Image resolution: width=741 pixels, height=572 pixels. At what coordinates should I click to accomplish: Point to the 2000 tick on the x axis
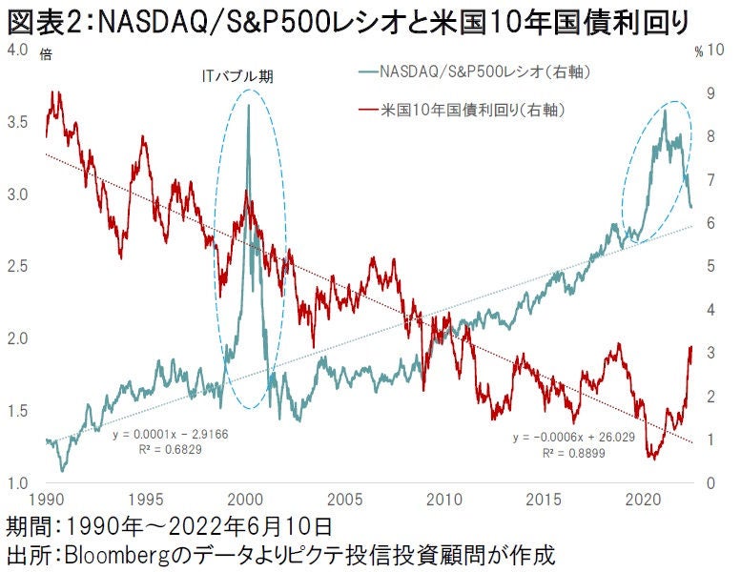point(246,500)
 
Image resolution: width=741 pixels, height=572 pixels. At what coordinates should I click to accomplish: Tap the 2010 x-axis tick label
point(443,500)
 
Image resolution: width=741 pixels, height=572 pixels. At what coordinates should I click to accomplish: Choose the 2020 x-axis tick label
point(642,500)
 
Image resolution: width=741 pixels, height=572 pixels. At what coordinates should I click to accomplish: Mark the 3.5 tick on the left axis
point(17,122)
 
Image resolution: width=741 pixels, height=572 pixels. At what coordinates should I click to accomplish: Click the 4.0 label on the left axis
point(17,50)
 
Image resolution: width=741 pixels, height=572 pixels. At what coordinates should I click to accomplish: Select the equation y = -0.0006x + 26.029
point(565,437)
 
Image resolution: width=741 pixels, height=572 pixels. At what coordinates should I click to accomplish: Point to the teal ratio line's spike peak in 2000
point(249,105)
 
